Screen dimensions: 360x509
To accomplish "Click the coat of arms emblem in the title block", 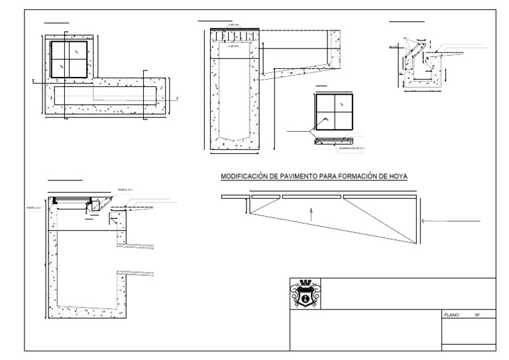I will (305, 294).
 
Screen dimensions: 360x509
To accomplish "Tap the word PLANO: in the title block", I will (451, 315).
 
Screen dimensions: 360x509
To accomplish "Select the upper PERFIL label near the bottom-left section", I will (126, 188).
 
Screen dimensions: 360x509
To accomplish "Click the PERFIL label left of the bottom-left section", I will (34, 208).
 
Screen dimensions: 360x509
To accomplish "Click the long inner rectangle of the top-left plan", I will (106, 95).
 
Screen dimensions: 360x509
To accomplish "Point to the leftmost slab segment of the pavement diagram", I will (233, 196).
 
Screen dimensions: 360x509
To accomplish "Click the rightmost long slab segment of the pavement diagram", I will (378, 196).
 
